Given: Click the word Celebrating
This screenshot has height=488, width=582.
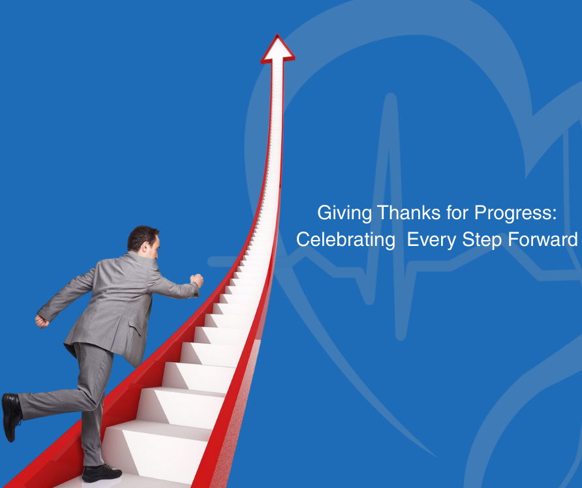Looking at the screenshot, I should click(346, 239).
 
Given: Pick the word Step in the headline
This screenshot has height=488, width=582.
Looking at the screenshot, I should click(485, 240).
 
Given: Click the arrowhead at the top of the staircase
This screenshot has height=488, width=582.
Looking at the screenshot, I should click(277, 49).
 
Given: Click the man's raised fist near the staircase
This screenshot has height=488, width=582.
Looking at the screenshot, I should click(196, 281).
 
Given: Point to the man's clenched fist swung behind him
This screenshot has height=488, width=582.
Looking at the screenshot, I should click(42, 321).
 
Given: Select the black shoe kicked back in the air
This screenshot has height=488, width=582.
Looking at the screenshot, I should click(11, 416).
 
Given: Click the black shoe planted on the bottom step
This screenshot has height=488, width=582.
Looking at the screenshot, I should click(102, 472).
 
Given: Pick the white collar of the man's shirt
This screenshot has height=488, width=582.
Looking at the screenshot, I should click(145, 256).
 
